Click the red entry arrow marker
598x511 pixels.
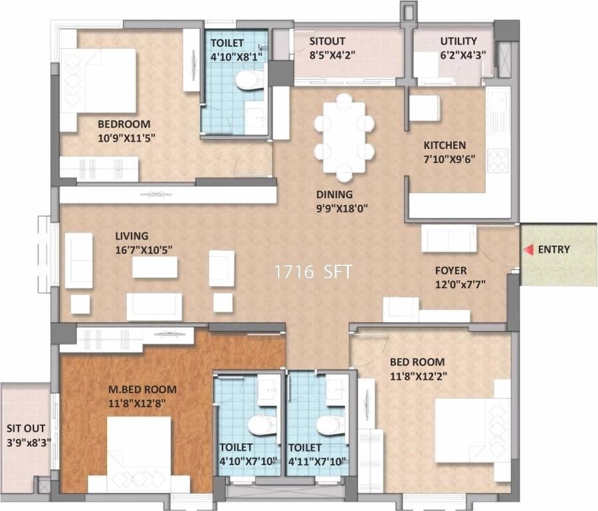(x=529, y=250)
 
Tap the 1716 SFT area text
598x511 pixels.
(x=314, y=272)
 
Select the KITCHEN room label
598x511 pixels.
(x=445, y=145)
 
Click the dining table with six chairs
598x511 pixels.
(x=344, y=137)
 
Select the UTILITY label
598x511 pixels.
(x=458, y=41)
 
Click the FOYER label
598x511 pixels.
(x=450, y=271)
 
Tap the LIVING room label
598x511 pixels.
(x=132, y=236)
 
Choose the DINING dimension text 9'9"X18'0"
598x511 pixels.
(x=341, y=208)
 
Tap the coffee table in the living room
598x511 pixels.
(x=155, y=267)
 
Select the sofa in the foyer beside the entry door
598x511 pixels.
(x=449, y=238)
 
